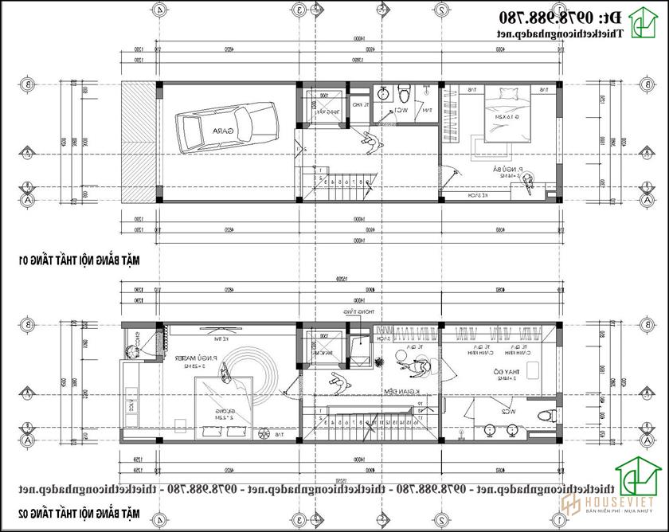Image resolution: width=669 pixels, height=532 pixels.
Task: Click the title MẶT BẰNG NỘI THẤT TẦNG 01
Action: [x=74, y=259]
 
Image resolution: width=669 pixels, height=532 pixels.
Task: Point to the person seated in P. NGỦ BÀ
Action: [x=528, y=182]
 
